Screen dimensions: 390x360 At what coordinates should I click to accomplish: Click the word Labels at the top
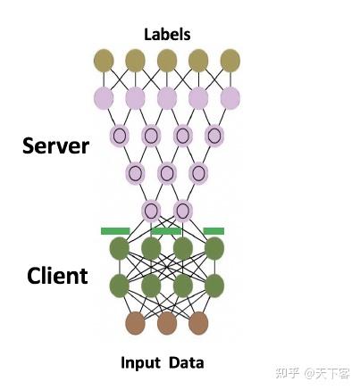tap(167, 35)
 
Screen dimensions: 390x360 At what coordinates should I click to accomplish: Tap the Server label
tap(55, 145)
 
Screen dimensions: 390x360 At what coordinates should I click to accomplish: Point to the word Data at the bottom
tap(188, 362)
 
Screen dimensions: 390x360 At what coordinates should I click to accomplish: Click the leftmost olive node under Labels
tap(104, 60)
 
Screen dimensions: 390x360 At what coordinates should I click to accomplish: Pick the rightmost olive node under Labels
tap(230, 60)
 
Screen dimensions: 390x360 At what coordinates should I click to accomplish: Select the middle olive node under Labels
tap(167, 60)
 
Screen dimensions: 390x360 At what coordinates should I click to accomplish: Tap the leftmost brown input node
tap(135, 323)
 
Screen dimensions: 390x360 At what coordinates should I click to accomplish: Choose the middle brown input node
tap(167, 323)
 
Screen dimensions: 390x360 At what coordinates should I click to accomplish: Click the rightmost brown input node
tap(198, 323)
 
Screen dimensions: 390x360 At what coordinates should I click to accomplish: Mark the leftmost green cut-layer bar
tap(115, 231)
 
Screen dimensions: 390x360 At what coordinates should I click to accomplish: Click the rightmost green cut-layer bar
tap(213, 231)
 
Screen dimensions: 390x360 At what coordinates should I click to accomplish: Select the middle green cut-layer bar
tap(167, 231)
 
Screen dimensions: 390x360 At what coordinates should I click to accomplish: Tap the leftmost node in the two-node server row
tap(151, 211)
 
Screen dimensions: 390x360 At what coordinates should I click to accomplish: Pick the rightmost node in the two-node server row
tap(183, 211)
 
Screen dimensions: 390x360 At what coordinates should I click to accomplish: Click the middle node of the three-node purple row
tap(167, 173)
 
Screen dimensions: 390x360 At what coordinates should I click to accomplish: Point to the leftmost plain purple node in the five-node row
tap(104, 97)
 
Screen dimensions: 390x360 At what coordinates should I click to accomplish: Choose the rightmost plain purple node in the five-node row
tap(230, 97)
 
